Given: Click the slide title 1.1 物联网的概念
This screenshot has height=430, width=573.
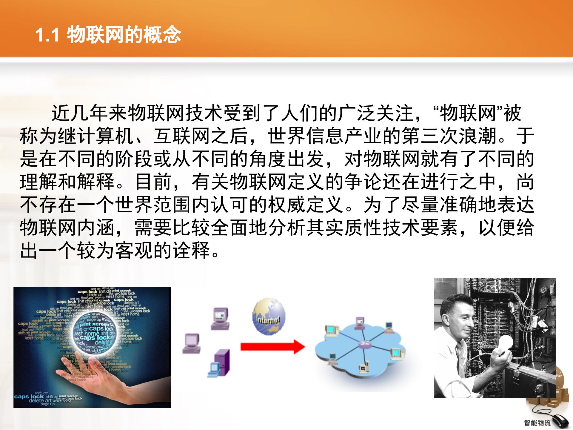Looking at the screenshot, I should click(x=108, y=35).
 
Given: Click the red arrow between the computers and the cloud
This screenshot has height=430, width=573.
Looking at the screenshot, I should click(x=272, y=347).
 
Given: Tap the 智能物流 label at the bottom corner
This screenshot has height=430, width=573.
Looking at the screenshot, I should click(x=537, y=423).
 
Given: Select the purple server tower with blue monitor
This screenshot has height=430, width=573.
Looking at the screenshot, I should click(x=219, y=363).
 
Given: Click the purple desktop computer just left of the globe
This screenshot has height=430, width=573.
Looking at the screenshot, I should click(x=220, y=319).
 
